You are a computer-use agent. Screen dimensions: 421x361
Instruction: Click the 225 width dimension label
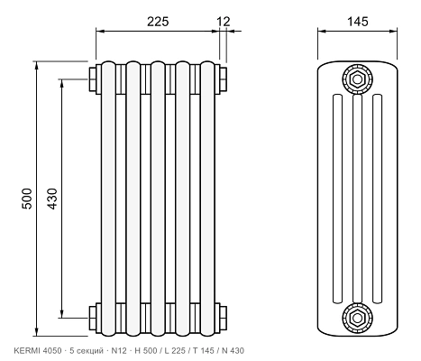(x=158, y=22)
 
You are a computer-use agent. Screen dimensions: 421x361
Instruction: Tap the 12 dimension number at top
(x=224, y=22)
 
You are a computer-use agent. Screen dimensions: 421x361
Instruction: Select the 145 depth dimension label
(x=358, y=22)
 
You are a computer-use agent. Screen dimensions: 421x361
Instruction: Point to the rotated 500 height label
(x=27, y=199)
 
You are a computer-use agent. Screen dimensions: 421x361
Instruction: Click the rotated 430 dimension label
(x=52, y=199)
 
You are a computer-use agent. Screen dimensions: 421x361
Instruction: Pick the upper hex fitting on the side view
(x=357, y=79)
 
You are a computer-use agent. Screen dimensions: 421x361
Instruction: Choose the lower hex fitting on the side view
(x=357, y=318)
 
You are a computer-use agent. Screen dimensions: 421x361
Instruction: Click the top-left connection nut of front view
(x=93, y=79)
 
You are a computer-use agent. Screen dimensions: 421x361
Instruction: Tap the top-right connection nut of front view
(x=223, y=79)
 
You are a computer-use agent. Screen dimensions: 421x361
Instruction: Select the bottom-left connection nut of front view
(x=93, y=318)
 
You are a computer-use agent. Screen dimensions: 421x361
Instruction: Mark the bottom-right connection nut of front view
(x=223, y=318)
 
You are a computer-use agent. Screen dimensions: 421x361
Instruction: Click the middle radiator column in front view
(x=158, y=199)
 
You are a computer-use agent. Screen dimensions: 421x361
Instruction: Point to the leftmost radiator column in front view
(x=108, y=199)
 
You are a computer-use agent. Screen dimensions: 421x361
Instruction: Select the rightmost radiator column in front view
(x=207, y=199)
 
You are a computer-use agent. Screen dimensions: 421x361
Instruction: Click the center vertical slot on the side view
(x=357, y=199)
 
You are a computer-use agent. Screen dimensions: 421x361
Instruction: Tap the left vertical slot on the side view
(x=337, y=199)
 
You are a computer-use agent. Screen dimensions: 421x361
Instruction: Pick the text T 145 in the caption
(x=204, y=350)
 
